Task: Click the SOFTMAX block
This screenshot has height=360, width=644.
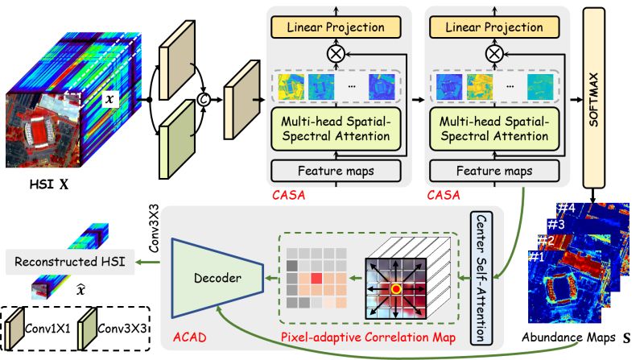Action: pos(593,97)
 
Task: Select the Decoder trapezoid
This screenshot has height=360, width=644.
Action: pos(217,278)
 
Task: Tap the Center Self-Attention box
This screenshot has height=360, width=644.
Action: pos(481,277)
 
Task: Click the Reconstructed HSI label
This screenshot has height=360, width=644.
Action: pos(70,262)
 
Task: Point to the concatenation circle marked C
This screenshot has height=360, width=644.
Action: pos(204,99)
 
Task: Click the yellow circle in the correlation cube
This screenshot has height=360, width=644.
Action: pos(395,289)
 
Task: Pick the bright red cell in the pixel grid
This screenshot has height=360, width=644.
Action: pos(316,278)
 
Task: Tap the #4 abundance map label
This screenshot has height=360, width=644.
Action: pos(566,209)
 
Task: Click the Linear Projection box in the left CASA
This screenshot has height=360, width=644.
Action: pos(336,27)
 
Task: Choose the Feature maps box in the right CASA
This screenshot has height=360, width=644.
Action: pos(494,171)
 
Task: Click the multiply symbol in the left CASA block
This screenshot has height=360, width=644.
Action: pos(336,54)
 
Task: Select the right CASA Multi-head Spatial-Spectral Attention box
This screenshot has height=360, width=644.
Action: pos(494,129)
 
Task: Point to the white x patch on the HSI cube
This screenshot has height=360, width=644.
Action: pos(109,99)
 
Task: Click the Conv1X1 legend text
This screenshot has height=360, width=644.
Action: pos(47,329)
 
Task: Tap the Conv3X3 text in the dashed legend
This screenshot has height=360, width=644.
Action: pos(122,329)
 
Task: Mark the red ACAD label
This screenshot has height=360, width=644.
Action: pos(189,337)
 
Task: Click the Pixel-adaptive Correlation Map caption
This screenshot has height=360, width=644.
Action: pos(369,337)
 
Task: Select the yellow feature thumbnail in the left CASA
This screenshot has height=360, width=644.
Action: pos(291,87)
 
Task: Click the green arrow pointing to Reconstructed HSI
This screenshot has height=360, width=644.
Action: pos(148,262)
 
